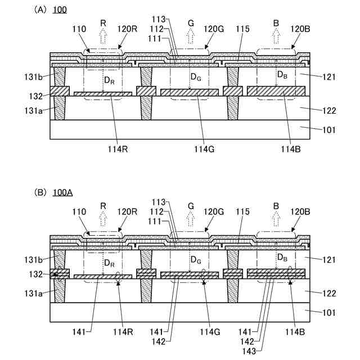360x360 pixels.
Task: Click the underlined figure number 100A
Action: pyautogui.click(x=62, y=192)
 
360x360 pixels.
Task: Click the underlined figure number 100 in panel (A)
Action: pyautogui.click(x=60, y=10)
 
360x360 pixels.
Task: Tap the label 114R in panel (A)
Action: pyautogui.click(x=116, y=149)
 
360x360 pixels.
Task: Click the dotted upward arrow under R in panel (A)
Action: pyautogui.click(x=103, y=36)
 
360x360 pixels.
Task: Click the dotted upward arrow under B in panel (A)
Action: pyautogui.click(x=276, y=36)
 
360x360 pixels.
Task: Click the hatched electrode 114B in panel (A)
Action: pyautogui.click(x=276, y=91)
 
